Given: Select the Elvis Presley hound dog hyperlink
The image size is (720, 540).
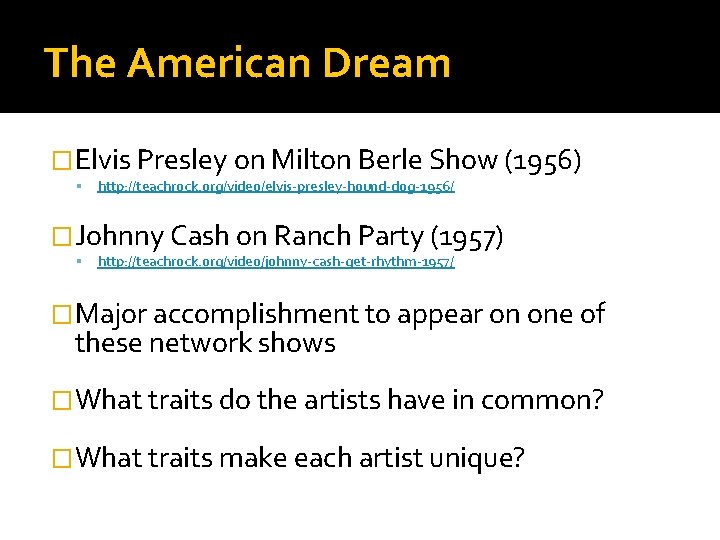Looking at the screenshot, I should click(275, 187).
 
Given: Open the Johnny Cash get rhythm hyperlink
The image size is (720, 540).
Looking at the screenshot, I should click(275, 262).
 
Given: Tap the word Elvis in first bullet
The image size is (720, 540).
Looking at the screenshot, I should click(104, 160).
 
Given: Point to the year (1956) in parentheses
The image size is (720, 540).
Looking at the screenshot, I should click(543, 160).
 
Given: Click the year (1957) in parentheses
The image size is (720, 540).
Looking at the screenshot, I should click(466, 237).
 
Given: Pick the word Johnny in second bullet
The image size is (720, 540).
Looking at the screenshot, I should click(119, 237).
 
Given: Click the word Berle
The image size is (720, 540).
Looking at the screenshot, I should click(391, 160).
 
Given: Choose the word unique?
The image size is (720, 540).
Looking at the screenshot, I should click(477, 459).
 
